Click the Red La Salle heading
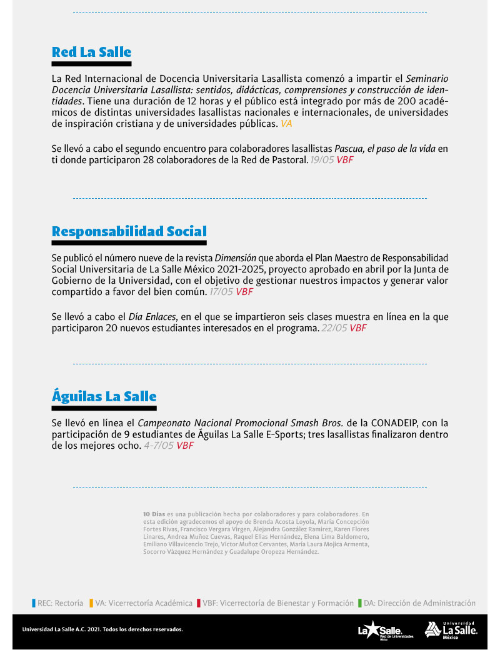coord(91,52)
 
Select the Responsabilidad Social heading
coord(129,231)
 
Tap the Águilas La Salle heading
coord(104,396)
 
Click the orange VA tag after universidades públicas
coord(286,124)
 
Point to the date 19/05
coord(322,160)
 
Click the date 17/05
coord(221,291)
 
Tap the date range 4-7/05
coord(159,446)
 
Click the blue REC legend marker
coord(34,603)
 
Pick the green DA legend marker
coord(360,603)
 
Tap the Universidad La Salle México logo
coord(451,630)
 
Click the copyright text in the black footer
coord(102,629)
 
